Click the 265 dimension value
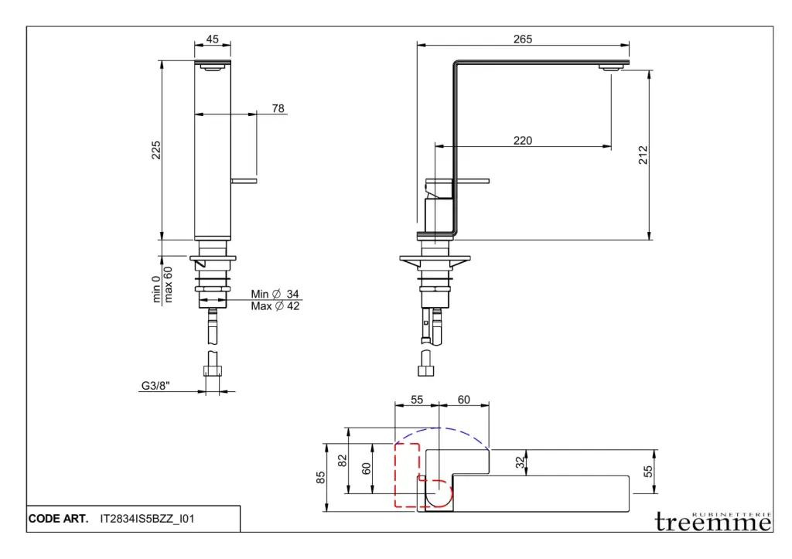tap(523, 39)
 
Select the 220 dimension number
tap(523, 141)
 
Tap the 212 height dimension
tap(643, 154)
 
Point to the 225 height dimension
tap(155, 150)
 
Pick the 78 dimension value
tap(278, 108)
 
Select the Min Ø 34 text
tap(275, 294)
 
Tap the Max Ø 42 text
tap(275, 306)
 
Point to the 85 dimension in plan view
tap(321, 478)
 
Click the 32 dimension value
tap(521, 462)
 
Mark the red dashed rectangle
tap(407, 474)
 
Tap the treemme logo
tap(712, 522)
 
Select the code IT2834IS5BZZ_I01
tap(147, 520)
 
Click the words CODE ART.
tap(58, 520)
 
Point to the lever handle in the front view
tap(245, 181)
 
